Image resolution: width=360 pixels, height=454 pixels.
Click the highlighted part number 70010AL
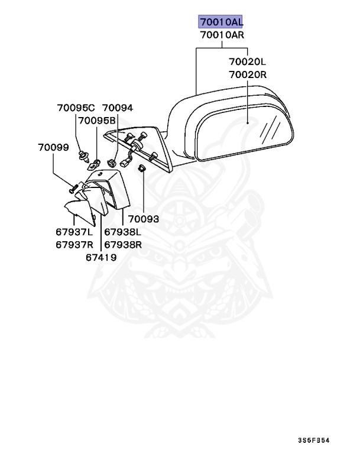pyautogui.click(x=220, y=22)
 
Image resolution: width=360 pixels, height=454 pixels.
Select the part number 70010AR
pyautogui.click(x=221, y=35)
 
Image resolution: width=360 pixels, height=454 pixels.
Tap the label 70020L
pyautogui.click(x=248, y=61)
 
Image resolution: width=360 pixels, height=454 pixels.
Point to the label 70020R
pyautogui.click(x=248, y=74)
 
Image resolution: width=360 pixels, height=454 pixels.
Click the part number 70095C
pyautogui.click(x=76, y=108)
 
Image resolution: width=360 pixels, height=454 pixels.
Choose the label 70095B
pyautogui.click(x=98, y=121)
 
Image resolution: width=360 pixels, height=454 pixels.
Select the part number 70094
pyautogui.click(x=118, y=108)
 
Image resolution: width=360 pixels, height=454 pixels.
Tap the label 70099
pyautogui.click(x=54, y=147)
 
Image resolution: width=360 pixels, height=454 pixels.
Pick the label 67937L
pyautogui.click(x=75, y=231)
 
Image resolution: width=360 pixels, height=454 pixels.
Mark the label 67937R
pyautogui.click(x=75, y=244)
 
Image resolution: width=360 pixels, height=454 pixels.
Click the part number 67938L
pyautogui.click(x=123, y=231)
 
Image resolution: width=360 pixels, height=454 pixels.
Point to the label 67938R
pyautogui.click(x=123, y=244)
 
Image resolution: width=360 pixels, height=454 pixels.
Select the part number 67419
pyautogui.click(x=100, y=257)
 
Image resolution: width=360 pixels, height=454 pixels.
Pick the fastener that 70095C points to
pyautogui.click(x=82, y=156)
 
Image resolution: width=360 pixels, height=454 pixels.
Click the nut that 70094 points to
pyautogui.click(x=112, y=161)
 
